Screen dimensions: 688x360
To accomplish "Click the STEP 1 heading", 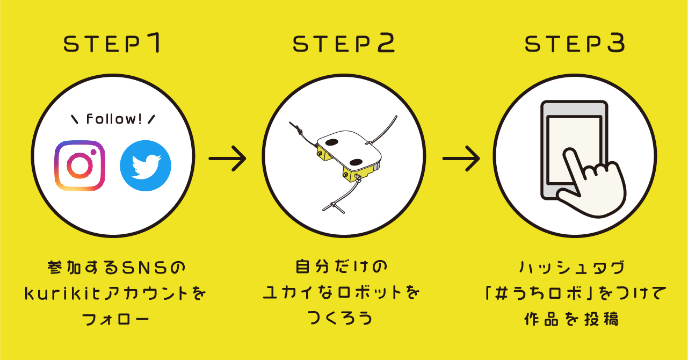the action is (x=112, y=44).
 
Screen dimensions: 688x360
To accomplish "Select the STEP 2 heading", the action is (x=344, y=44).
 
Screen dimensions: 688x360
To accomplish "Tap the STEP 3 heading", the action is (x=575, y=44).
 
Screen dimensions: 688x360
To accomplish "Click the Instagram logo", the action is (x=80, y=165).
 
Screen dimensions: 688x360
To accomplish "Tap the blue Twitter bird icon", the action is (x=145, y=165).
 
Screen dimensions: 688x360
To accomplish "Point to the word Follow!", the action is (x=114, y=119).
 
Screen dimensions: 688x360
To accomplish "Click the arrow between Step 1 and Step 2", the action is (x=227, y=159).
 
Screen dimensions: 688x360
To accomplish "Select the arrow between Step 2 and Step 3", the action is (x=461, y=159).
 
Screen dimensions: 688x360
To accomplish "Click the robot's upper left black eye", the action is (x=332, y=142).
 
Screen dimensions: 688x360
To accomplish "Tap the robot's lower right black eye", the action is (x=356, y=162).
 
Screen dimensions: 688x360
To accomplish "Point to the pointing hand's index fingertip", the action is (x=569, y=152).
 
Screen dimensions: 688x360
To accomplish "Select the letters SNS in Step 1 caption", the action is (x=142, y=267).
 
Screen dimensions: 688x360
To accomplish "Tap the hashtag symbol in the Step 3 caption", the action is (x=501, y=293).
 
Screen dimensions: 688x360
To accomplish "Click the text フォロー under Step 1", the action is (x=115, y=319).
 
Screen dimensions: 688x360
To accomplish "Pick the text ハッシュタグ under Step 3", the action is (x=571, y=267).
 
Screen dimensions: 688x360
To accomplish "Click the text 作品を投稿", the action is (x=571, y=319).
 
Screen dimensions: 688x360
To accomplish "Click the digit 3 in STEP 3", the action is (x=616, y=44).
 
